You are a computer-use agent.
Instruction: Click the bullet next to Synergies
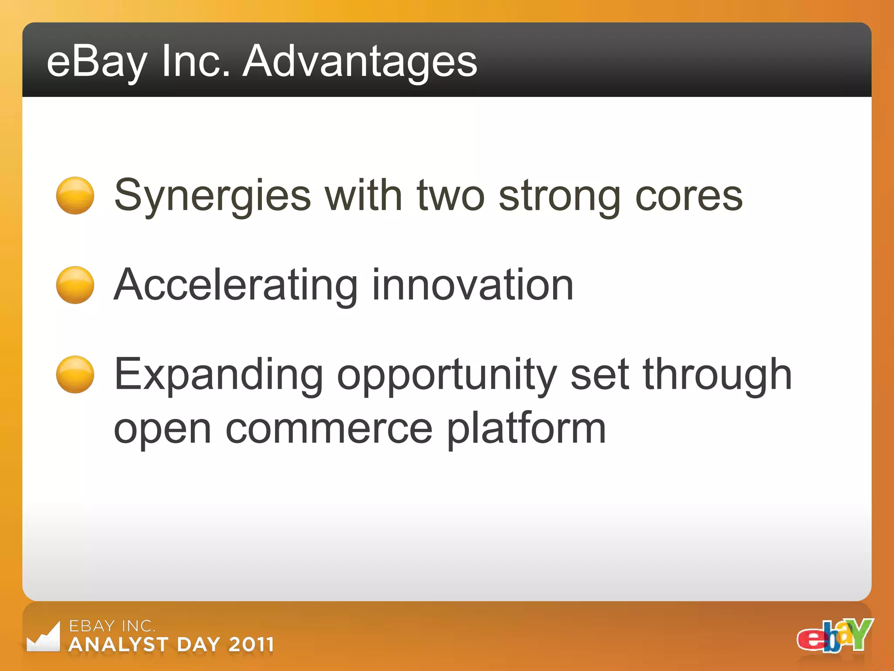[x=75, y=195]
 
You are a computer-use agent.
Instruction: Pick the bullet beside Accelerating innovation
[x=75, y=285]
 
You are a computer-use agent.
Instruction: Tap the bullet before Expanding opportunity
[x=75, y=374]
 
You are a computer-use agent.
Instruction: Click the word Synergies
[x=212, y=197]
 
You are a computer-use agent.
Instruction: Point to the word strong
[x=560, y=197]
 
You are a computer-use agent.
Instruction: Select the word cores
[x=688, y=197]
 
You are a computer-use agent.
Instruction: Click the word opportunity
[x=447, y=376]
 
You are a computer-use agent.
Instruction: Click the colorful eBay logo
[x=835, y=636]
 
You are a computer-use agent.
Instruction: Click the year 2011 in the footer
[x=251, y=644]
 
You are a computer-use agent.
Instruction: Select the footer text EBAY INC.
[x=112, y=626]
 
